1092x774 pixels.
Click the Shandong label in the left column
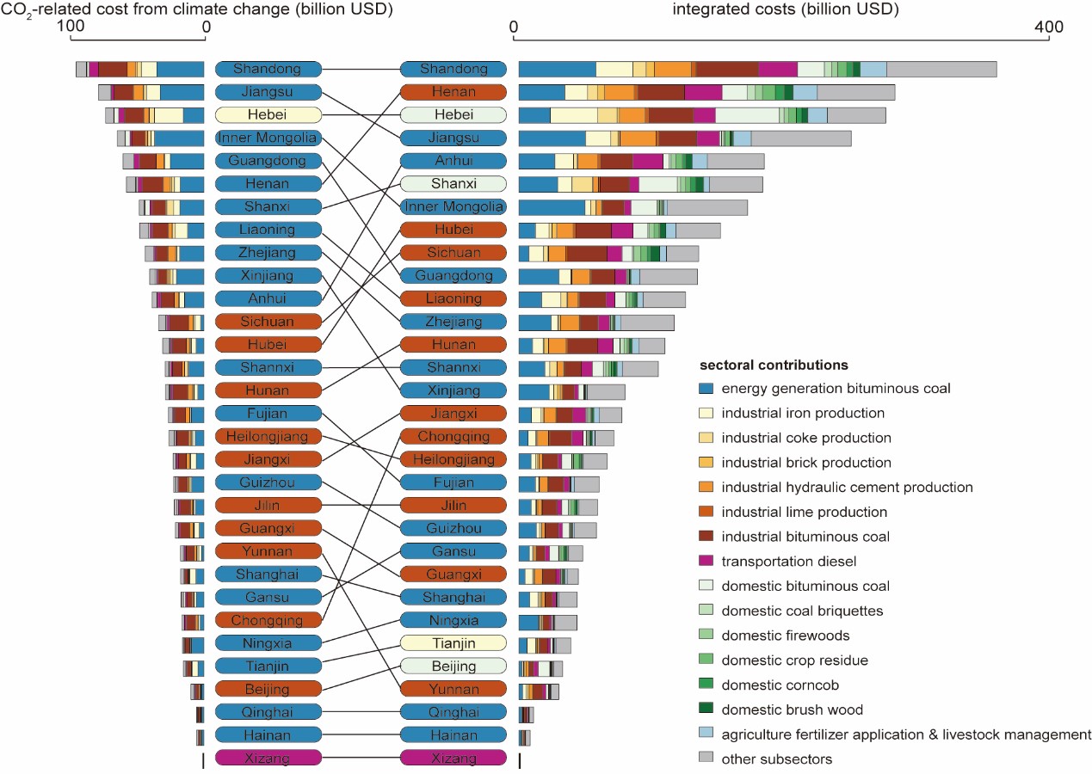268,69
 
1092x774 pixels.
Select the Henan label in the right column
453,92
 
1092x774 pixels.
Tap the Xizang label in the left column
268,758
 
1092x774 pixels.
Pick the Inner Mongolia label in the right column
453,206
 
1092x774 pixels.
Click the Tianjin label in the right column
453,643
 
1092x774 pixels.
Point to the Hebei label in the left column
268,114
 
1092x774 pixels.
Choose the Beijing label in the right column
453,666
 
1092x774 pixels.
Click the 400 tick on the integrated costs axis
1049,28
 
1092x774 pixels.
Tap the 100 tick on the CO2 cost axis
71,28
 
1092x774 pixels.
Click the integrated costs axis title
785,9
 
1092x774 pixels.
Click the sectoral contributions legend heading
774,365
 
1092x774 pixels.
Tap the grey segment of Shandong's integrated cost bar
941,70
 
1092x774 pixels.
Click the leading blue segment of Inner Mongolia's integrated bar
552,207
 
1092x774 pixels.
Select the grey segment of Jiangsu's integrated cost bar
800,138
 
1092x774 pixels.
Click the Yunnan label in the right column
453,689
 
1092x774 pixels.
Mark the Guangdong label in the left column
268,161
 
